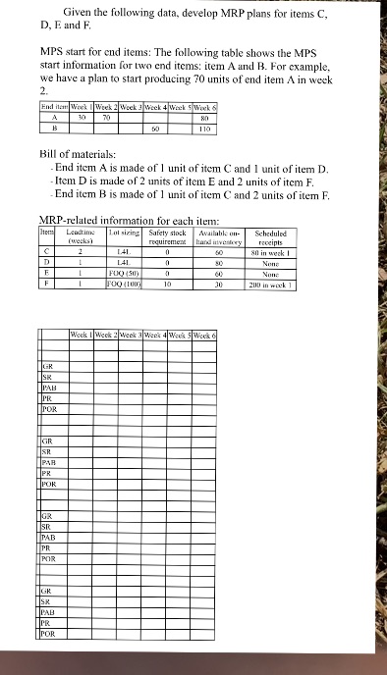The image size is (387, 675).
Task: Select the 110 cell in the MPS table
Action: point(204,128)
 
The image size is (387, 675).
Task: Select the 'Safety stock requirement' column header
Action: point(169,235)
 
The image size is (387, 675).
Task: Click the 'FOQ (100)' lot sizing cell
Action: point(124,285)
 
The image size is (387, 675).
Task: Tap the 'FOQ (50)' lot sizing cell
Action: point(124,274)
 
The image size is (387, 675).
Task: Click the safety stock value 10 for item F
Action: point(169,285)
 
